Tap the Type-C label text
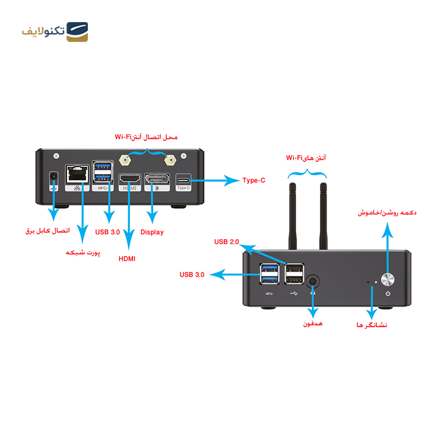click(x=253, y=180)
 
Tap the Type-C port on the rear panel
click(x=183, y=180)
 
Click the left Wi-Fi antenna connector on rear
click(x=125, y=162)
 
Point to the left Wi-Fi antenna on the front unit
click(x=292, y=215)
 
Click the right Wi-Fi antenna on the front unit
click(x=323, y=215)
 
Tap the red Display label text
click(x=152, y=233)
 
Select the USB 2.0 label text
click(x=227, y=242)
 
